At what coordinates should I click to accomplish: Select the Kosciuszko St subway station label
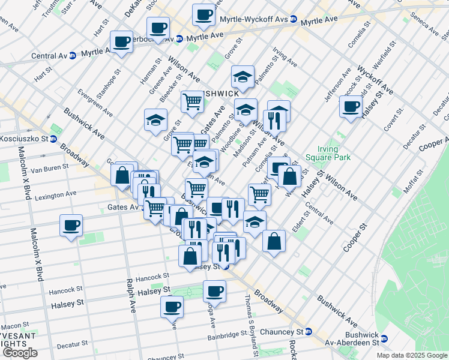click(x=27, y=139)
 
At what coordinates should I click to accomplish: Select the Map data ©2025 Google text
click(x=411, y=355)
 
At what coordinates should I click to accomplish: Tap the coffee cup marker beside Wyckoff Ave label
click(x=351, y=107)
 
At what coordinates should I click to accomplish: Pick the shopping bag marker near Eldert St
click(x=274, y=241)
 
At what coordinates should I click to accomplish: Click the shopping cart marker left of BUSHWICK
click(x=193, y=101)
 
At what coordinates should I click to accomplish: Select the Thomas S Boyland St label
click(x=250, y=318)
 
